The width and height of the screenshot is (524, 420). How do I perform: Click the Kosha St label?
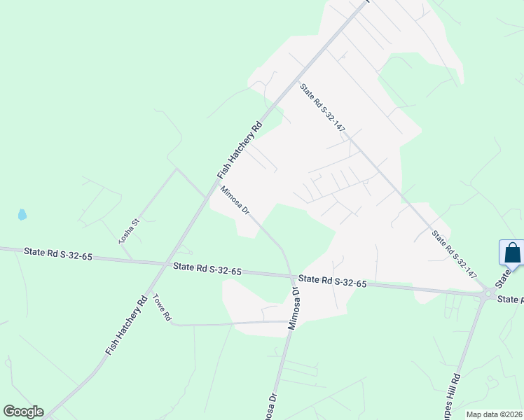pos(130,230)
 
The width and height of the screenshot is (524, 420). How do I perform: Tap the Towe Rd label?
pos(162,307)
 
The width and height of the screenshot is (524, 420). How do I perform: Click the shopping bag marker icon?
pos(512,252)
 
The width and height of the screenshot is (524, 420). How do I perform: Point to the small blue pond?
pos(22,214)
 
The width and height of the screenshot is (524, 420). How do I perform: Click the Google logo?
pos(23,412)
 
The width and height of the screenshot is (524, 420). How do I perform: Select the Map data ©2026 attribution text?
pos(493,414)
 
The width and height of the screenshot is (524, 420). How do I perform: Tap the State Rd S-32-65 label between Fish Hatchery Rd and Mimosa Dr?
pos(207,268)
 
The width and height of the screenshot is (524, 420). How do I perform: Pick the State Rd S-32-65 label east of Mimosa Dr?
pos(333,281)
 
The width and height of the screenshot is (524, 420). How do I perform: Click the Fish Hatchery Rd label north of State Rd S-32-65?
pos(240,149)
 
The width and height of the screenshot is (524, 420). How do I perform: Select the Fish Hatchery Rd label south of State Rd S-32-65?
pos(125,325)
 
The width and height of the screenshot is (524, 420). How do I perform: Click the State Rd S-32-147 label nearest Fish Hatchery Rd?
pos(323,108)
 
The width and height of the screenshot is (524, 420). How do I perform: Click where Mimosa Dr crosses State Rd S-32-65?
pos(291,274)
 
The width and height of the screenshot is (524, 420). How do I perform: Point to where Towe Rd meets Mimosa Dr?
pos(288,322)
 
